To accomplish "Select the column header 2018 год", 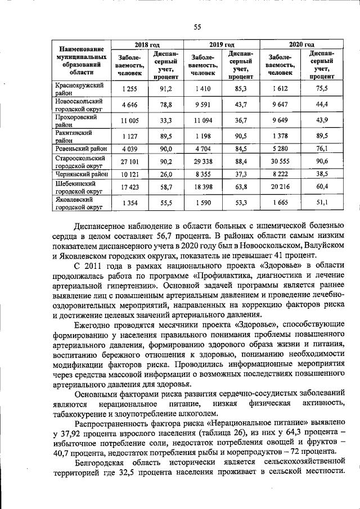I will tap(147, 44).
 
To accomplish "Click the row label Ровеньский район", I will tap(79, 149).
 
